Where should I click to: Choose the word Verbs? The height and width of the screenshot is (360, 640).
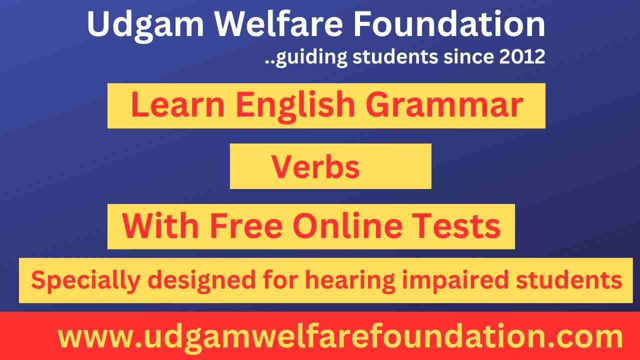point(315,166)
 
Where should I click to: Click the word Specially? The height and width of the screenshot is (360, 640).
point(85,281)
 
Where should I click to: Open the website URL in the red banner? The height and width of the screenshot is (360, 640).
point(340,337)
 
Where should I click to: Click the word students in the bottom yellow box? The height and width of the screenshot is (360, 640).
point(569,281)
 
